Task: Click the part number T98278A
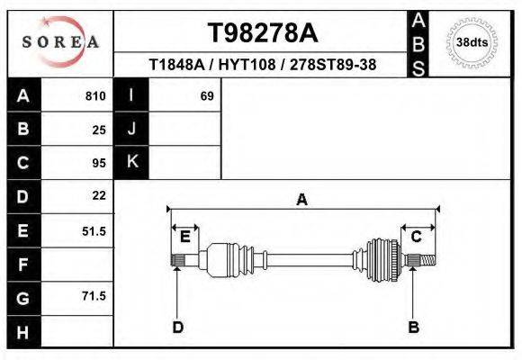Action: [262, 33]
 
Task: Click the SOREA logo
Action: [59, 42]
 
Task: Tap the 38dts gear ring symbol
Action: [472, 42]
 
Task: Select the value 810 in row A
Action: [95, 96]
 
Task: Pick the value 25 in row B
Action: [99, 130]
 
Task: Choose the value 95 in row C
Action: [99, 163]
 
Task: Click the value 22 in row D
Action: [99, 195]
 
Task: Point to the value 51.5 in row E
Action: [94, 231]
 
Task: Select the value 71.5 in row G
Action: [94, 296]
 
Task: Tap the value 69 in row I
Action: [206, 96]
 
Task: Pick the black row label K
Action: [131, 162]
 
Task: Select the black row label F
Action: [22, 264]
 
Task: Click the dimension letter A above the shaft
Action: [301, 200]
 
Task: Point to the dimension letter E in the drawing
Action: [184, 237]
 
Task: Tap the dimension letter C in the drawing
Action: [417, 237]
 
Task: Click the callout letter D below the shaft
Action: [177, 327]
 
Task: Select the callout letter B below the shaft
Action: [413, 327]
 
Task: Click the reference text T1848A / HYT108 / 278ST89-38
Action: [262, 66]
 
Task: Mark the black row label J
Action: [131, 130]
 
